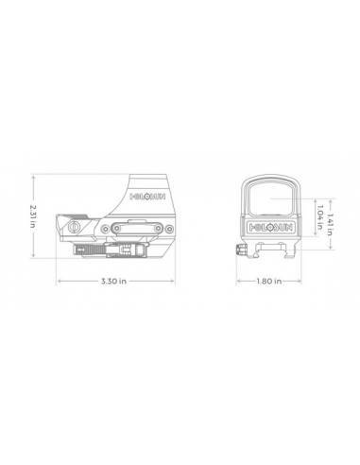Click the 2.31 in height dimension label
pyautogui.click(x=33, y=216)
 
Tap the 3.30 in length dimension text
pyautogui.click(x=113, y=281)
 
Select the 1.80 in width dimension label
pyautogui.click(x=269, y=281)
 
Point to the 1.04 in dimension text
pyautogui.click(x=320, y=216)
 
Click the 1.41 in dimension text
pyautogui.click(x=330, y=224)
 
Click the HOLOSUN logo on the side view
pyautogui.click(x=147, y=197)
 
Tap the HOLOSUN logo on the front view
pyautogui.click(x=271, y=227)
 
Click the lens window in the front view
pyautogui.click(x=271, y=198)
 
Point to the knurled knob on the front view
pyautogui.click(x=241, y=250)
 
